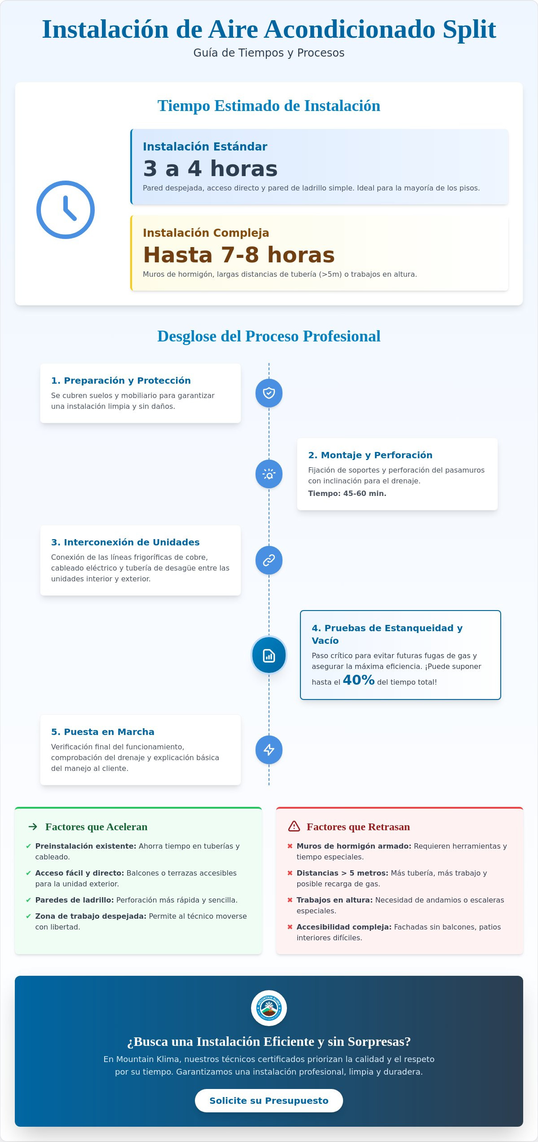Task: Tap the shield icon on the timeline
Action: pos(269,393)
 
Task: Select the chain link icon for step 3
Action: pos(269,560)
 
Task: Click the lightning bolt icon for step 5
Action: pos(269,750)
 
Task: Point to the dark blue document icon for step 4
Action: pos(269,655)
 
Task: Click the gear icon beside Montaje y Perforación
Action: pos(269,474)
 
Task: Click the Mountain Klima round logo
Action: pos(269,1008)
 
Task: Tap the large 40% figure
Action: pos(358,680)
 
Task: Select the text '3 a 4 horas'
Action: pos(210,169)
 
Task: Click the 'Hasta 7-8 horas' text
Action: pos(239,255)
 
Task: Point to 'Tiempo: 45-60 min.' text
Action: pos(347,493)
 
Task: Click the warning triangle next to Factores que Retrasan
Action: pos(294,826)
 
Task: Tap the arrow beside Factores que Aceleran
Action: pos(33,827)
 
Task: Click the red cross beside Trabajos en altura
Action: pos(290,900)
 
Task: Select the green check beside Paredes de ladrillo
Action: pos(29,900)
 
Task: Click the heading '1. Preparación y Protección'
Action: pos(121,381)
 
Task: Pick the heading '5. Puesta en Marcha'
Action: pos(103,732)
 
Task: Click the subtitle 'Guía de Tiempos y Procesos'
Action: pos(269,53)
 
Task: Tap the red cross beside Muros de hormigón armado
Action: pos(290,846)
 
